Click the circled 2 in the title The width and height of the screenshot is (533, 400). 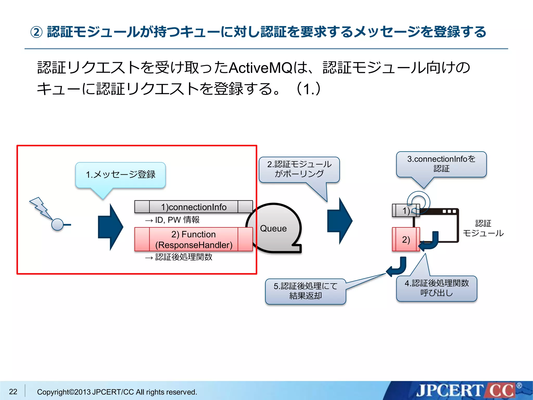click(x=36, y=32)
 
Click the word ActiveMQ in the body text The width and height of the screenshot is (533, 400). click(x=261, y=68)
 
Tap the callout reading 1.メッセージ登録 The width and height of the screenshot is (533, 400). click(x=120, y=174)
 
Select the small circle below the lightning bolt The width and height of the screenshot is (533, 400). click(x=58, y=224)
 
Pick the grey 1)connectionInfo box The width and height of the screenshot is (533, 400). click(x=193, y=207)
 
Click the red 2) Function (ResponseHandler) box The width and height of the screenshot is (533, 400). click(x=193, y=239)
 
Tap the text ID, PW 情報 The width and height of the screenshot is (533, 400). click(x=177, y=220)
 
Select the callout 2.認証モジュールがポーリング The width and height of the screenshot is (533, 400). click(x=299, y=169)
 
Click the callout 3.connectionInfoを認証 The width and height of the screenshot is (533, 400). click(x=441, y=164)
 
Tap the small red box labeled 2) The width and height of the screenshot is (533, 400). click(x=405, y=239)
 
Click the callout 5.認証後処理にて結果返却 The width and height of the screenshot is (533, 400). click(x=305, y=291)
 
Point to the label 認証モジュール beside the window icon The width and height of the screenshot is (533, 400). click(x=483, y=228)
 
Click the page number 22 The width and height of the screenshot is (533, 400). click(x=13, y=391)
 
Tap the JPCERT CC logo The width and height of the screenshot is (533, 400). click(x=466, y=391)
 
